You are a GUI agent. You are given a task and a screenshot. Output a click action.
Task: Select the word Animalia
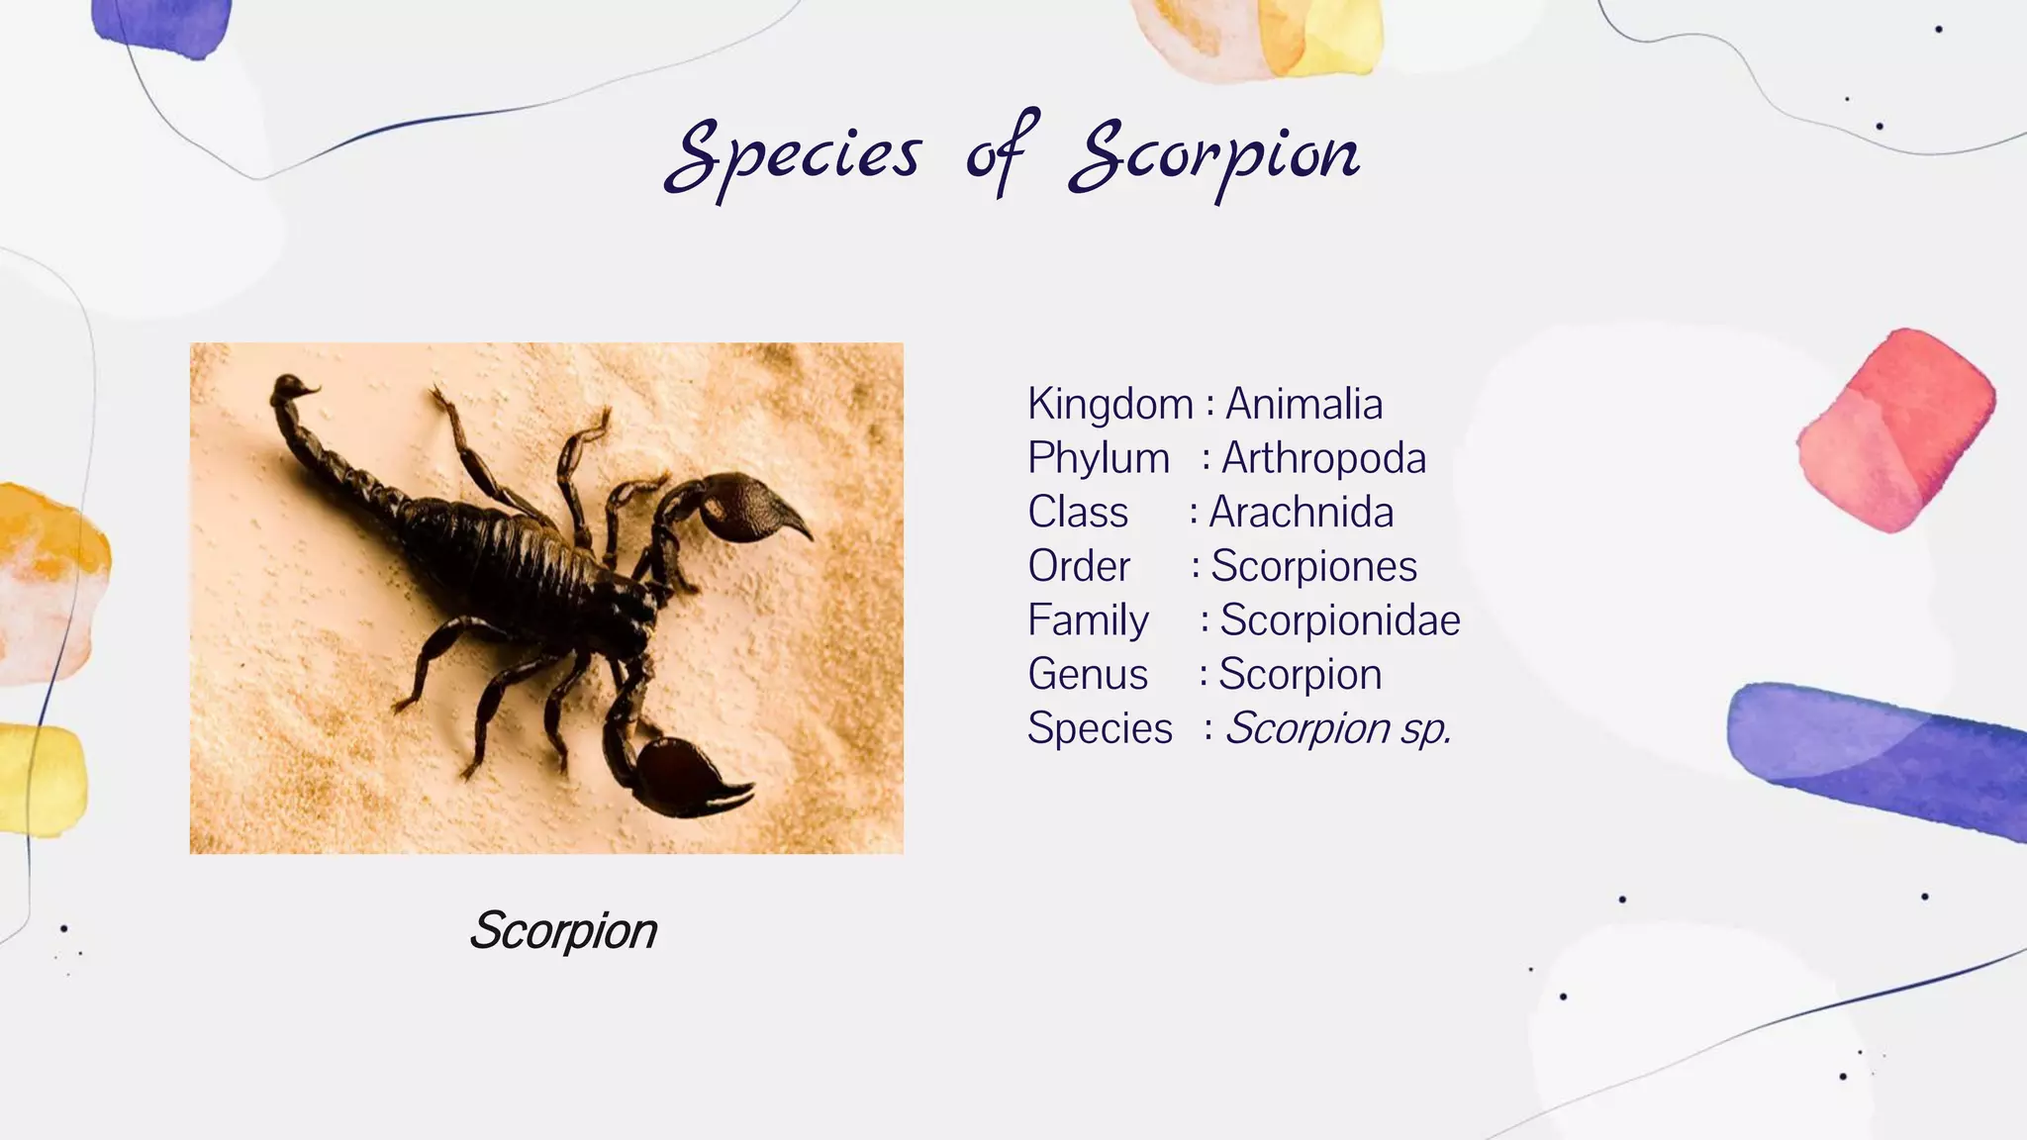tap(1303, 404)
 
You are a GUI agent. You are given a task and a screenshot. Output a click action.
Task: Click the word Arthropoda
tap(1323, 458)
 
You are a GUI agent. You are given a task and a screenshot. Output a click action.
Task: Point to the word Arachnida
tap(1301, 513)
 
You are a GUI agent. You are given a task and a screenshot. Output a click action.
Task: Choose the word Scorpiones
tap(1313, 566)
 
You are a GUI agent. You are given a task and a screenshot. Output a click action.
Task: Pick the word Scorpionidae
tap(1339, 620)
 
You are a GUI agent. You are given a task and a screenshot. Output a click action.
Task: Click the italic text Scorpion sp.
tap(1337, 728)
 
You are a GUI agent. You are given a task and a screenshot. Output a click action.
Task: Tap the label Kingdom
tap(1110, 404)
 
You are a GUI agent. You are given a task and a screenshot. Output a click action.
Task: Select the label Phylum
tap(1098, 458)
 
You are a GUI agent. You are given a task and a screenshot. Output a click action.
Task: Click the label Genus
tap(1087, 675)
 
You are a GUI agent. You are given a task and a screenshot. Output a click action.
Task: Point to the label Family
tap(1087, 620)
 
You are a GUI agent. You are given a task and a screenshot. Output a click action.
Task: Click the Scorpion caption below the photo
tap(562, 930)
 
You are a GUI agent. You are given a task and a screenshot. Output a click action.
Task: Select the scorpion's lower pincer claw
tap(689, 777)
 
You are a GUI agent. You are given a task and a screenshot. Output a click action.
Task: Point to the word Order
tap(1078, 566)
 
